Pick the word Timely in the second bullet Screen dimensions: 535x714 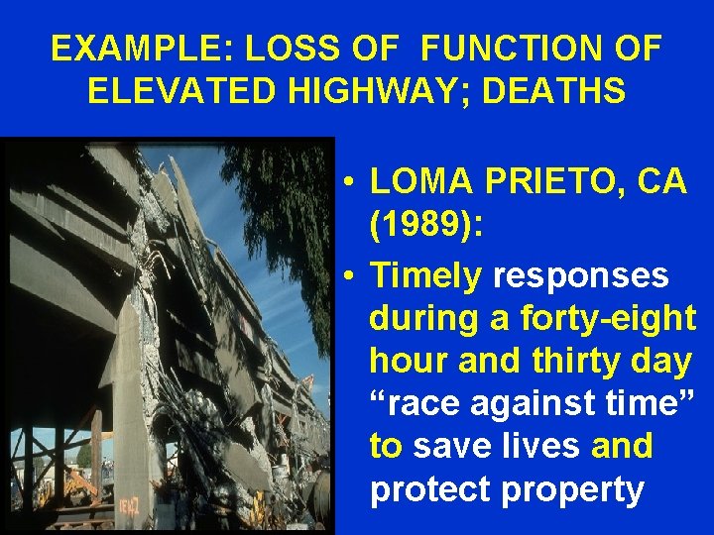[x=425, y=274]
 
